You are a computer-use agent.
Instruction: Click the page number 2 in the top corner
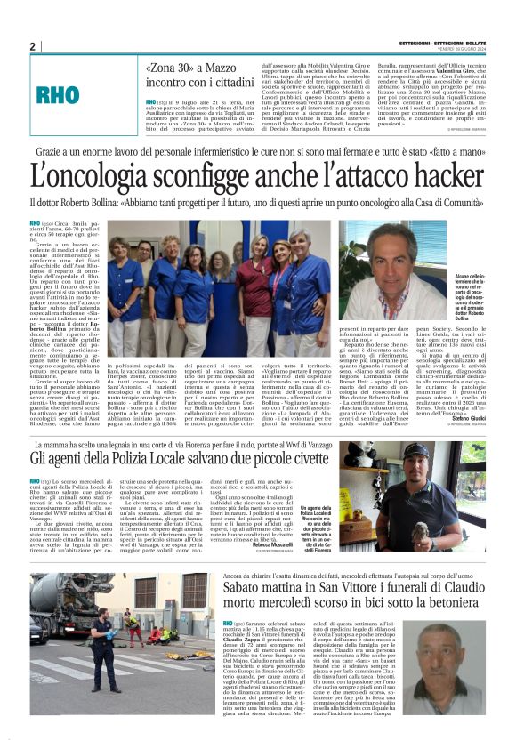click(32, 46)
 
